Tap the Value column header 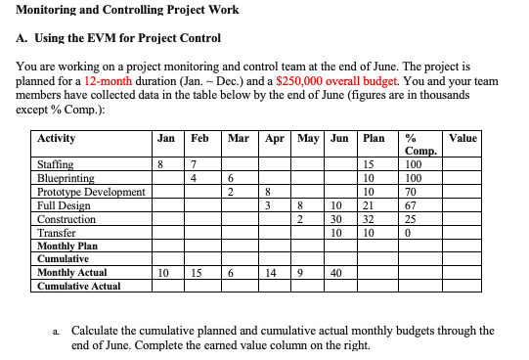(x=463, y=138)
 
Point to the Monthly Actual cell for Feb (x=196, y=273)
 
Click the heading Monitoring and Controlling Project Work (x=128, y=11)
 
